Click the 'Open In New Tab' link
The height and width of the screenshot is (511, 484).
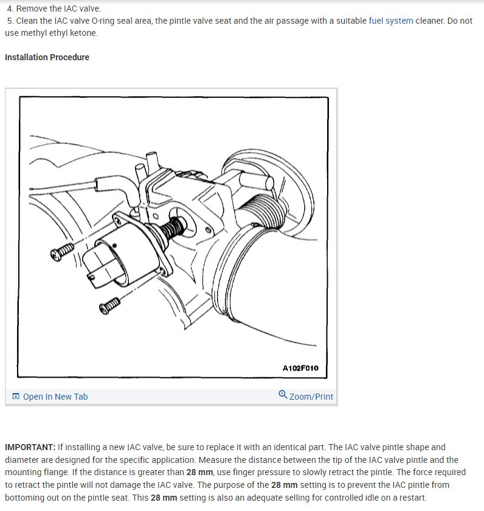55,397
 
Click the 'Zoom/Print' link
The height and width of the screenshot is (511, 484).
311,397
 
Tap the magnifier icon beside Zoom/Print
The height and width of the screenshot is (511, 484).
283,395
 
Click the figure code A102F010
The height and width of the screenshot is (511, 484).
300,368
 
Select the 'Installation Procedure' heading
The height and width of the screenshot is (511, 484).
47,57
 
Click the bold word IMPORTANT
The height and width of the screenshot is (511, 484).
29,447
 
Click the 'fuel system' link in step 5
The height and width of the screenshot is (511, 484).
392,21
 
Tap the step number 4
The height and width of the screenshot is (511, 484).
10,9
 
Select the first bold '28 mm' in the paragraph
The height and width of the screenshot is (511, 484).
200,472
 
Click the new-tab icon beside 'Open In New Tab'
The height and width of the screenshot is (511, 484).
16,397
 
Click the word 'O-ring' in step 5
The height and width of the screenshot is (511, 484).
102,21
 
